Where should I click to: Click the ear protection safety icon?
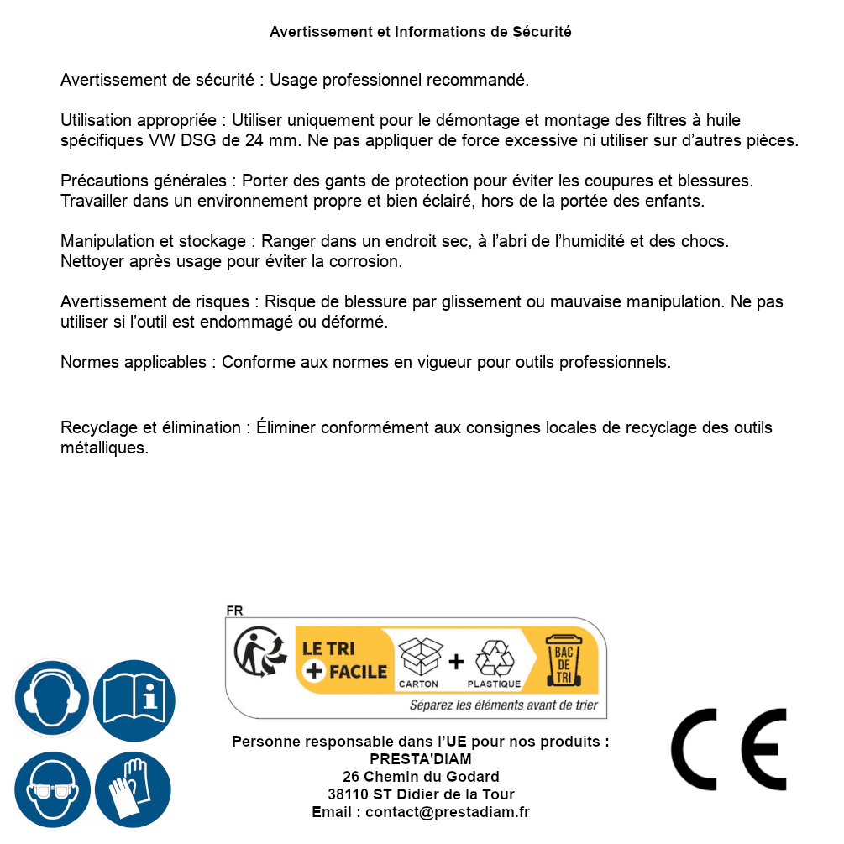pyautogui.click(x=51, y=698)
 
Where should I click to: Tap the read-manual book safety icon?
pyautogui.click(x=134, y=698)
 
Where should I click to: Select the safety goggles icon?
pyautogui.click(x=51, y=790)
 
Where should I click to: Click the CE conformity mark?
pyautogui.click(x=728, y=749)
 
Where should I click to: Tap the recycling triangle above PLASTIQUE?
pyautogui.click(x=494, y=658)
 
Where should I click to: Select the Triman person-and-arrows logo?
pyautogui.click(x=255, y=654)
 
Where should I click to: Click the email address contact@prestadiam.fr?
pyautogui.click(x=448, y=812)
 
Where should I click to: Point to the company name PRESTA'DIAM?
pyautogui.click(x=421, y=759)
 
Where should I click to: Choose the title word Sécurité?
pyautogui.click(x=542, y=32)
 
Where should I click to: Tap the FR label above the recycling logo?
pyautogui.click(x=234, y=611)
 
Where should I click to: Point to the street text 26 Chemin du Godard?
pyautogui.click(x=421, y=777)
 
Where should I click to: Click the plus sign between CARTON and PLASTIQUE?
pyautogui.click(x=456, y=662)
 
